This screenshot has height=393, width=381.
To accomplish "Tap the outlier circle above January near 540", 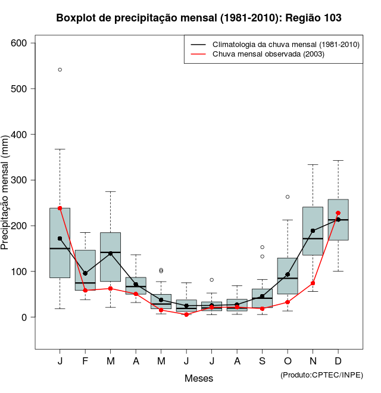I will click(60, 70).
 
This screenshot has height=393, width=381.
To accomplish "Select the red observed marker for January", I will click(60, 208).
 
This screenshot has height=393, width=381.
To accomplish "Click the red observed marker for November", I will click(313, 283).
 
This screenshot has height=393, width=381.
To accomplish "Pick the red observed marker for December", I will click(338, 213).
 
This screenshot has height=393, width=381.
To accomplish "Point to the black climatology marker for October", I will click(288, 275).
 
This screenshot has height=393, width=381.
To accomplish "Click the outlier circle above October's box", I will click(288, 196).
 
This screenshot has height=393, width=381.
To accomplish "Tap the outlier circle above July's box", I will click(212, 279).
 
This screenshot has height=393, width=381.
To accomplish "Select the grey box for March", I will click(111, 257).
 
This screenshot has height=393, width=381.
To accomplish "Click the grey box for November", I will click(313, 231).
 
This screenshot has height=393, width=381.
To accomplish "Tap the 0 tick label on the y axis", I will click(25, 317).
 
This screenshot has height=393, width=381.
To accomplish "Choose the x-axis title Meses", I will click(199, 378).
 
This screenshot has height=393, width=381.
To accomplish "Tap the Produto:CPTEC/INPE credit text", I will click(321, 375).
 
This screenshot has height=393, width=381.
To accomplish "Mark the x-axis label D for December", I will click(338, 361).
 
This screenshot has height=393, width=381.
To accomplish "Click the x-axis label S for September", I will click(263, 361).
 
